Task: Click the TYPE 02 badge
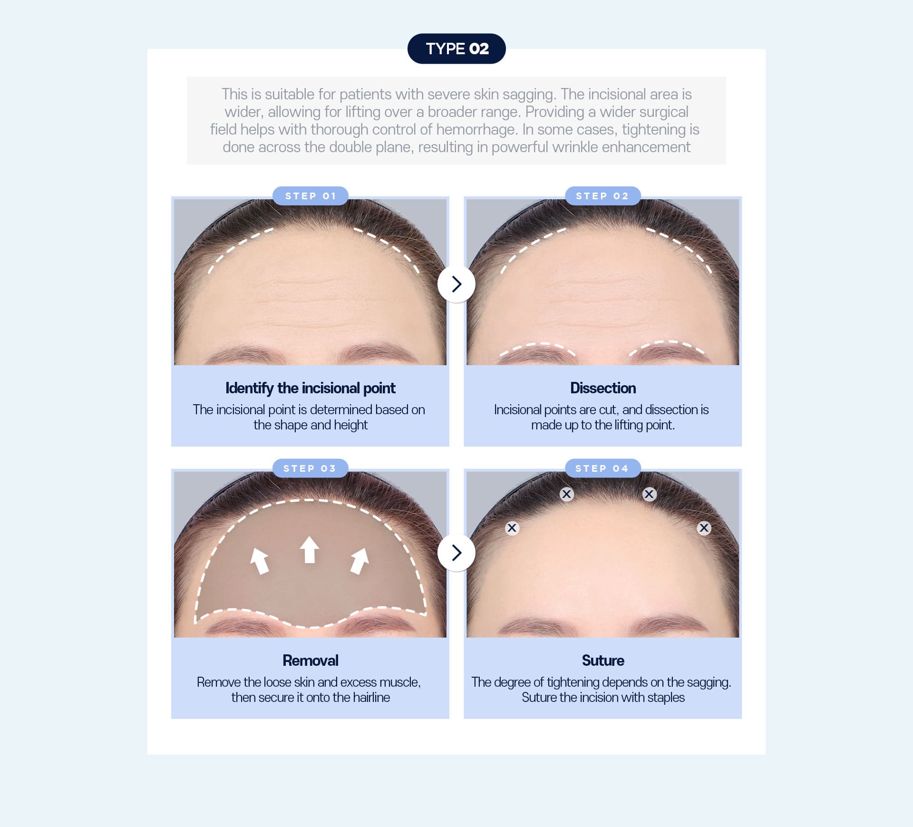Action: [x=456, y=49]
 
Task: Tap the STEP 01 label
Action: [x=310, y=196]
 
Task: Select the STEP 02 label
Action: [x=602, y=196]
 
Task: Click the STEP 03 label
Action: [x=310, y=468]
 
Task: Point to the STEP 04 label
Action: [x=602, y=468]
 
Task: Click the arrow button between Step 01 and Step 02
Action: [x=456, y=284]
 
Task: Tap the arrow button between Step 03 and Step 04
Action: [x=456, y=553]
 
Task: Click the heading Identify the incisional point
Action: [x=310, y=388]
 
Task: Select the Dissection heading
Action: [x=602, y=388]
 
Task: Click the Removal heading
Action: [x=310, y=661]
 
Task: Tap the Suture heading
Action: [x=602, y=661]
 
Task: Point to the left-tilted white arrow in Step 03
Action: [x=260, y=561]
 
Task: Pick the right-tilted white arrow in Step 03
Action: [x=359, y=561]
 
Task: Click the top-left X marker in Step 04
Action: [x=566, y=494]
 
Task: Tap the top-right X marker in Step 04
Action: [x=649, y=494]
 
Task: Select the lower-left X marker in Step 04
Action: [x=512, y=528]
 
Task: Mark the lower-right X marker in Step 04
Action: [x=704, y=528]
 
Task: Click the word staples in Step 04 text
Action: [x=665, y=698]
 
